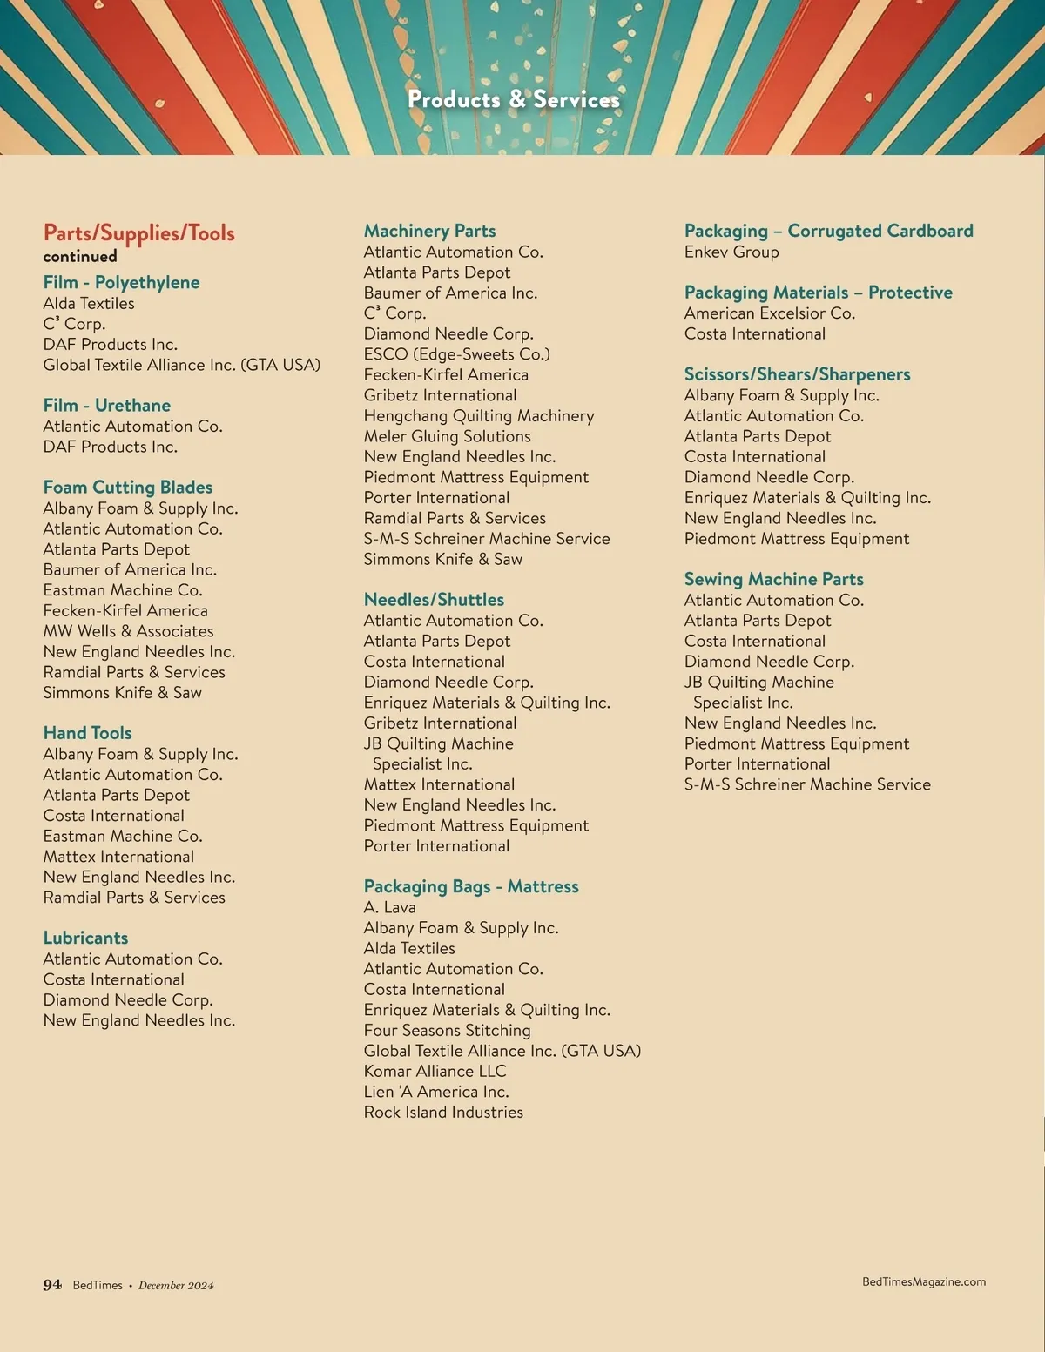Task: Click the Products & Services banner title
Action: coord(514,100)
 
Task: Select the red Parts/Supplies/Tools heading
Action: coord(139,233)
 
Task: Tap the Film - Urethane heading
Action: coord(107,406)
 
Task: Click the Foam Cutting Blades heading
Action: coord(128,488)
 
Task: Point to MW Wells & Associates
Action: coord(128,631)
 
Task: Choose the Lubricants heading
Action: coord(85,938)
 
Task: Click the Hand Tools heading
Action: coord(87,733)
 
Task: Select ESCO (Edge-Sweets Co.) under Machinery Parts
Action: coord(456,354)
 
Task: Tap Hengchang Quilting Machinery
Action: coord(479,416)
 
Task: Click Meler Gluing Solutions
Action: coord(447,436)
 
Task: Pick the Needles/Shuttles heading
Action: coord(434,600)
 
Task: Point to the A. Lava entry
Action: coord(389,907)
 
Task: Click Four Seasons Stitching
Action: coord(447,1031)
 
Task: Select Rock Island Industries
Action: coord(443,1113)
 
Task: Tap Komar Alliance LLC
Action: coord(435,1072)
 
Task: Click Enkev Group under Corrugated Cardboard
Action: coord(731,252)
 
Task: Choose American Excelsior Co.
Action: coord(770,313)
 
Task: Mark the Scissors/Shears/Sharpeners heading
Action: coord(797,374)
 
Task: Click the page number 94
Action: coord(52,1285)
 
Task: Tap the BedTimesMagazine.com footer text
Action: coord(924,1281)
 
